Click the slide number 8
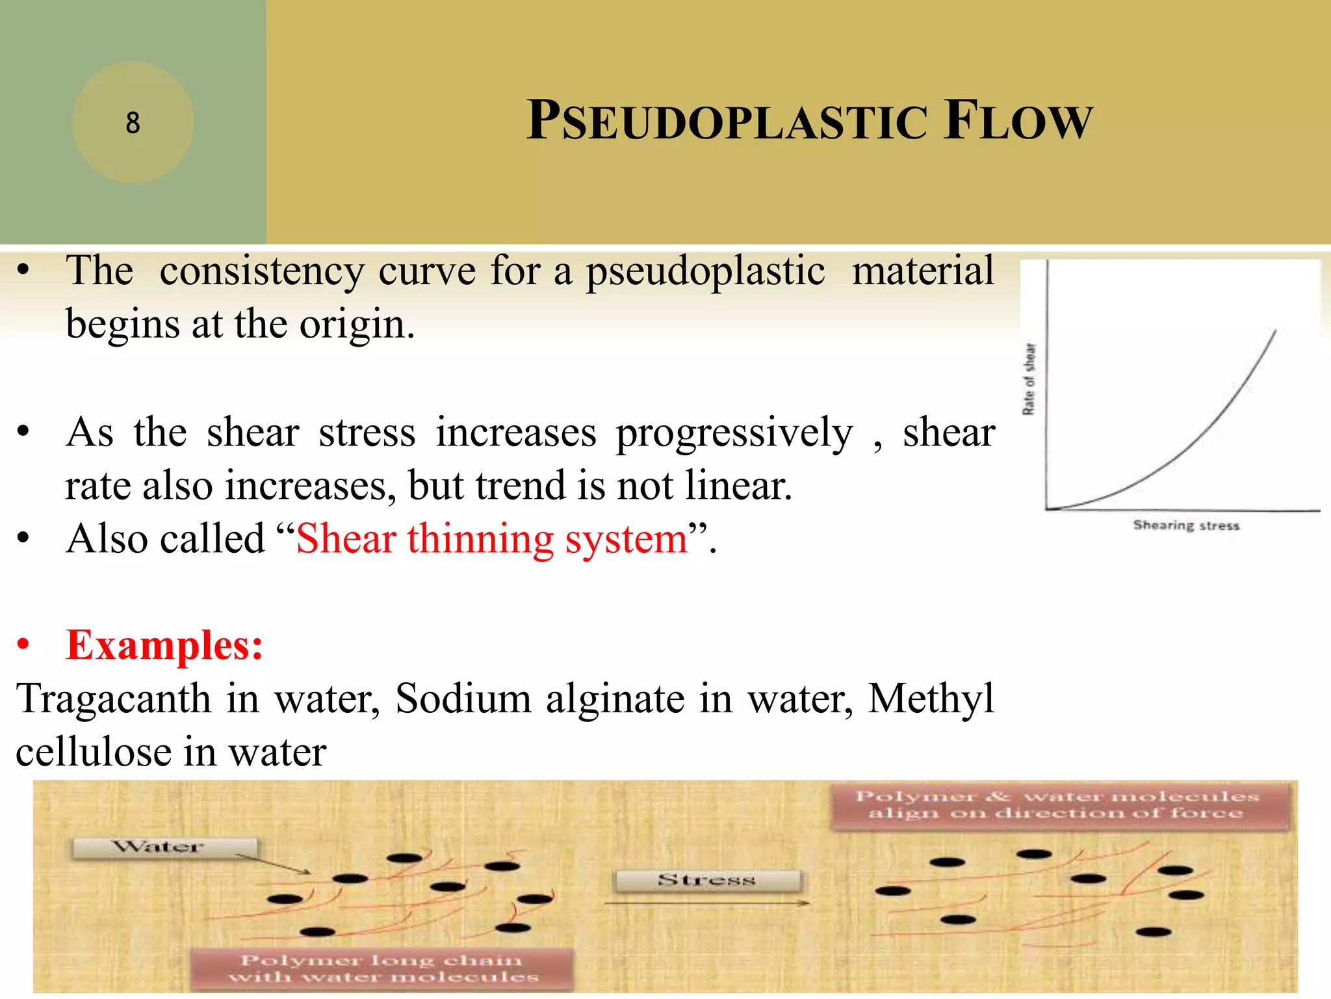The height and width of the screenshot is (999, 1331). coord(133,122)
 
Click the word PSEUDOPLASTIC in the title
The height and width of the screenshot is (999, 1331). coord(727,121)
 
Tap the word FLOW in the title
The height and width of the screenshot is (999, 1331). coord(1019,121)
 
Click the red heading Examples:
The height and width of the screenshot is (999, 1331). coord(164,646)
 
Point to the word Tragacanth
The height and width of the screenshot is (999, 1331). coord(114,699)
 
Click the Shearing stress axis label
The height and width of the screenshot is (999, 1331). coord(1186,525)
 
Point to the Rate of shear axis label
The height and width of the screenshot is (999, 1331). coord(1029,379)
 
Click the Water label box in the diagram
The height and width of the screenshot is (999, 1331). coord(164,847)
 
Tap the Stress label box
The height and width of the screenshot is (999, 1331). coord(707,881)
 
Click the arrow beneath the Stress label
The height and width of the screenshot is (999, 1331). coord(707,903)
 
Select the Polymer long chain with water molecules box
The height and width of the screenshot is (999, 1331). coord(383,968)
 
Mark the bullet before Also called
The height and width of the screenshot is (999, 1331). coord(24,539)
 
